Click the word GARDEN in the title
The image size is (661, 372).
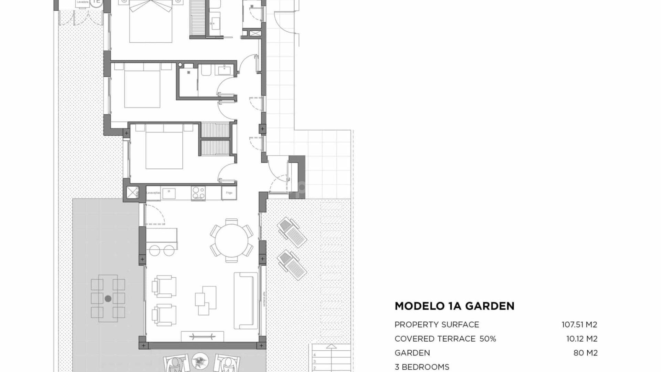coord(490,306)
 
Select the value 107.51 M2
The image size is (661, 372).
coord(579,324)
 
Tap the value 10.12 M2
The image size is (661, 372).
coord(581,339)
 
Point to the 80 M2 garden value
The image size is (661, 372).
coord(585,353)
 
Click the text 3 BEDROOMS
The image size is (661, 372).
coord(422,367)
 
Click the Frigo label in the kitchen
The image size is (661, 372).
coord(229,193)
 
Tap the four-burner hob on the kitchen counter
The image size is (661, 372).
coord(198,193)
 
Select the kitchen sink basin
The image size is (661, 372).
coord(169,193)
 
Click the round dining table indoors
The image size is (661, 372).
coord(231,240)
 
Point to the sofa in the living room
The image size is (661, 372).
coord(246,300)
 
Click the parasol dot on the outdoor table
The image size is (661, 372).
coord(108,299)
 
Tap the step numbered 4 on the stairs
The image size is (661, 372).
coord(314,355)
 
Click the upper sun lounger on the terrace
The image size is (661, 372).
coord(292,233)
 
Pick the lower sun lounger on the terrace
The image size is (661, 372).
coord(292,265)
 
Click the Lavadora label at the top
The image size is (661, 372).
coord(82,2)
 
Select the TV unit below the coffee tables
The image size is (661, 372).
coord(202,337)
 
